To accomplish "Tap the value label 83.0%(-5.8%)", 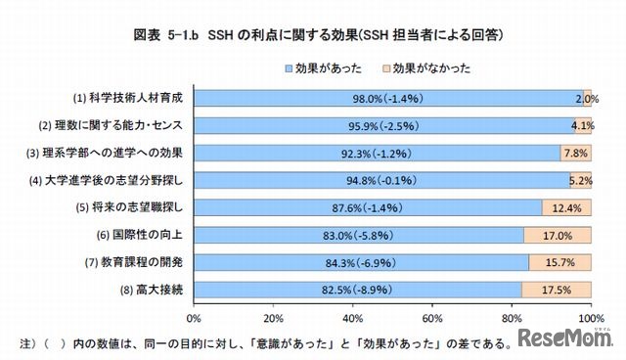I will click(358, 234).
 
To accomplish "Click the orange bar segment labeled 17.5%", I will click(556, 289).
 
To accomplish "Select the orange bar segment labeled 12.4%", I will click(565, 206).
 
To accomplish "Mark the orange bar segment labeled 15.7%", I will click(559, 261).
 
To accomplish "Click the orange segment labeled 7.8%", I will click(575, 153).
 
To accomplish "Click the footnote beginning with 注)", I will click(254, 343).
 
